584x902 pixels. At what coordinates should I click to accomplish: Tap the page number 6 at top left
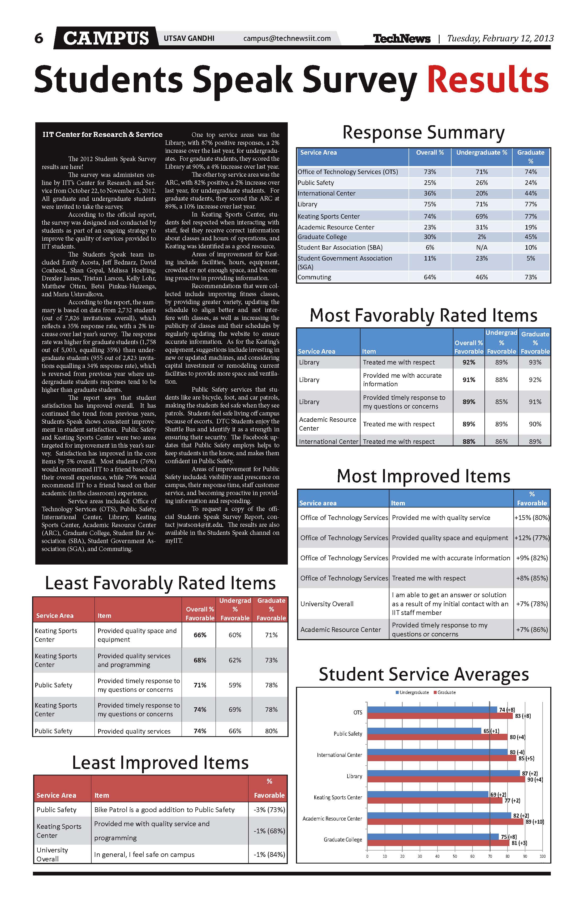[x=39, y=38]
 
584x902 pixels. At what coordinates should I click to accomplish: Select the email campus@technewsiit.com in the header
[x=287, y=38]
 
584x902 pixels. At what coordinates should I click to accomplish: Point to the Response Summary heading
[x=423, y=133]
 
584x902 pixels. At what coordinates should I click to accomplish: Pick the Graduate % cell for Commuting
[x=531, y=277]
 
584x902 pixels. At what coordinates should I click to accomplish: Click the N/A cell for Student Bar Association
[x=481, y=248]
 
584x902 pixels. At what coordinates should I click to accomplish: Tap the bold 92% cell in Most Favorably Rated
[x=469, y=362]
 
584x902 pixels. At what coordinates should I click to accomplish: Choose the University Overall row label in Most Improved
[x=327, y=604]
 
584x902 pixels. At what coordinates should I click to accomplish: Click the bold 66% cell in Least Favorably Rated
[x=200, y=635]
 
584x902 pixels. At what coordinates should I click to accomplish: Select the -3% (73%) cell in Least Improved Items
[x=269, y=809]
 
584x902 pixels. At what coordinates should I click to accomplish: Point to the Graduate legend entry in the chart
[x=446, y=692]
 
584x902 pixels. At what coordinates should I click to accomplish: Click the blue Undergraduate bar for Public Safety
[x=424, y=731]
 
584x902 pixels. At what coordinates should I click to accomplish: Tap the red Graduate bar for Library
[x=446, y=780]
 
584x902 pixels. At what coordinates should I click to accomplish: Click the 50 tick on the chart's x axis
[x=455, y=856]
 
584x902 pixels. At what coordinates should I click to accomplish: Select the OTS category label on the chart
[x=358, y=713]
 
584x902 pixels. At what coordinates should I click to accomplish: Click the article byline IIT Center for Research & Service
[x=102, y=135]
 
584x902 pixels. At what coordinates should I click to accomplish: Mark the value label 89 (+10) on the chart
[x=535, y=822]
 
